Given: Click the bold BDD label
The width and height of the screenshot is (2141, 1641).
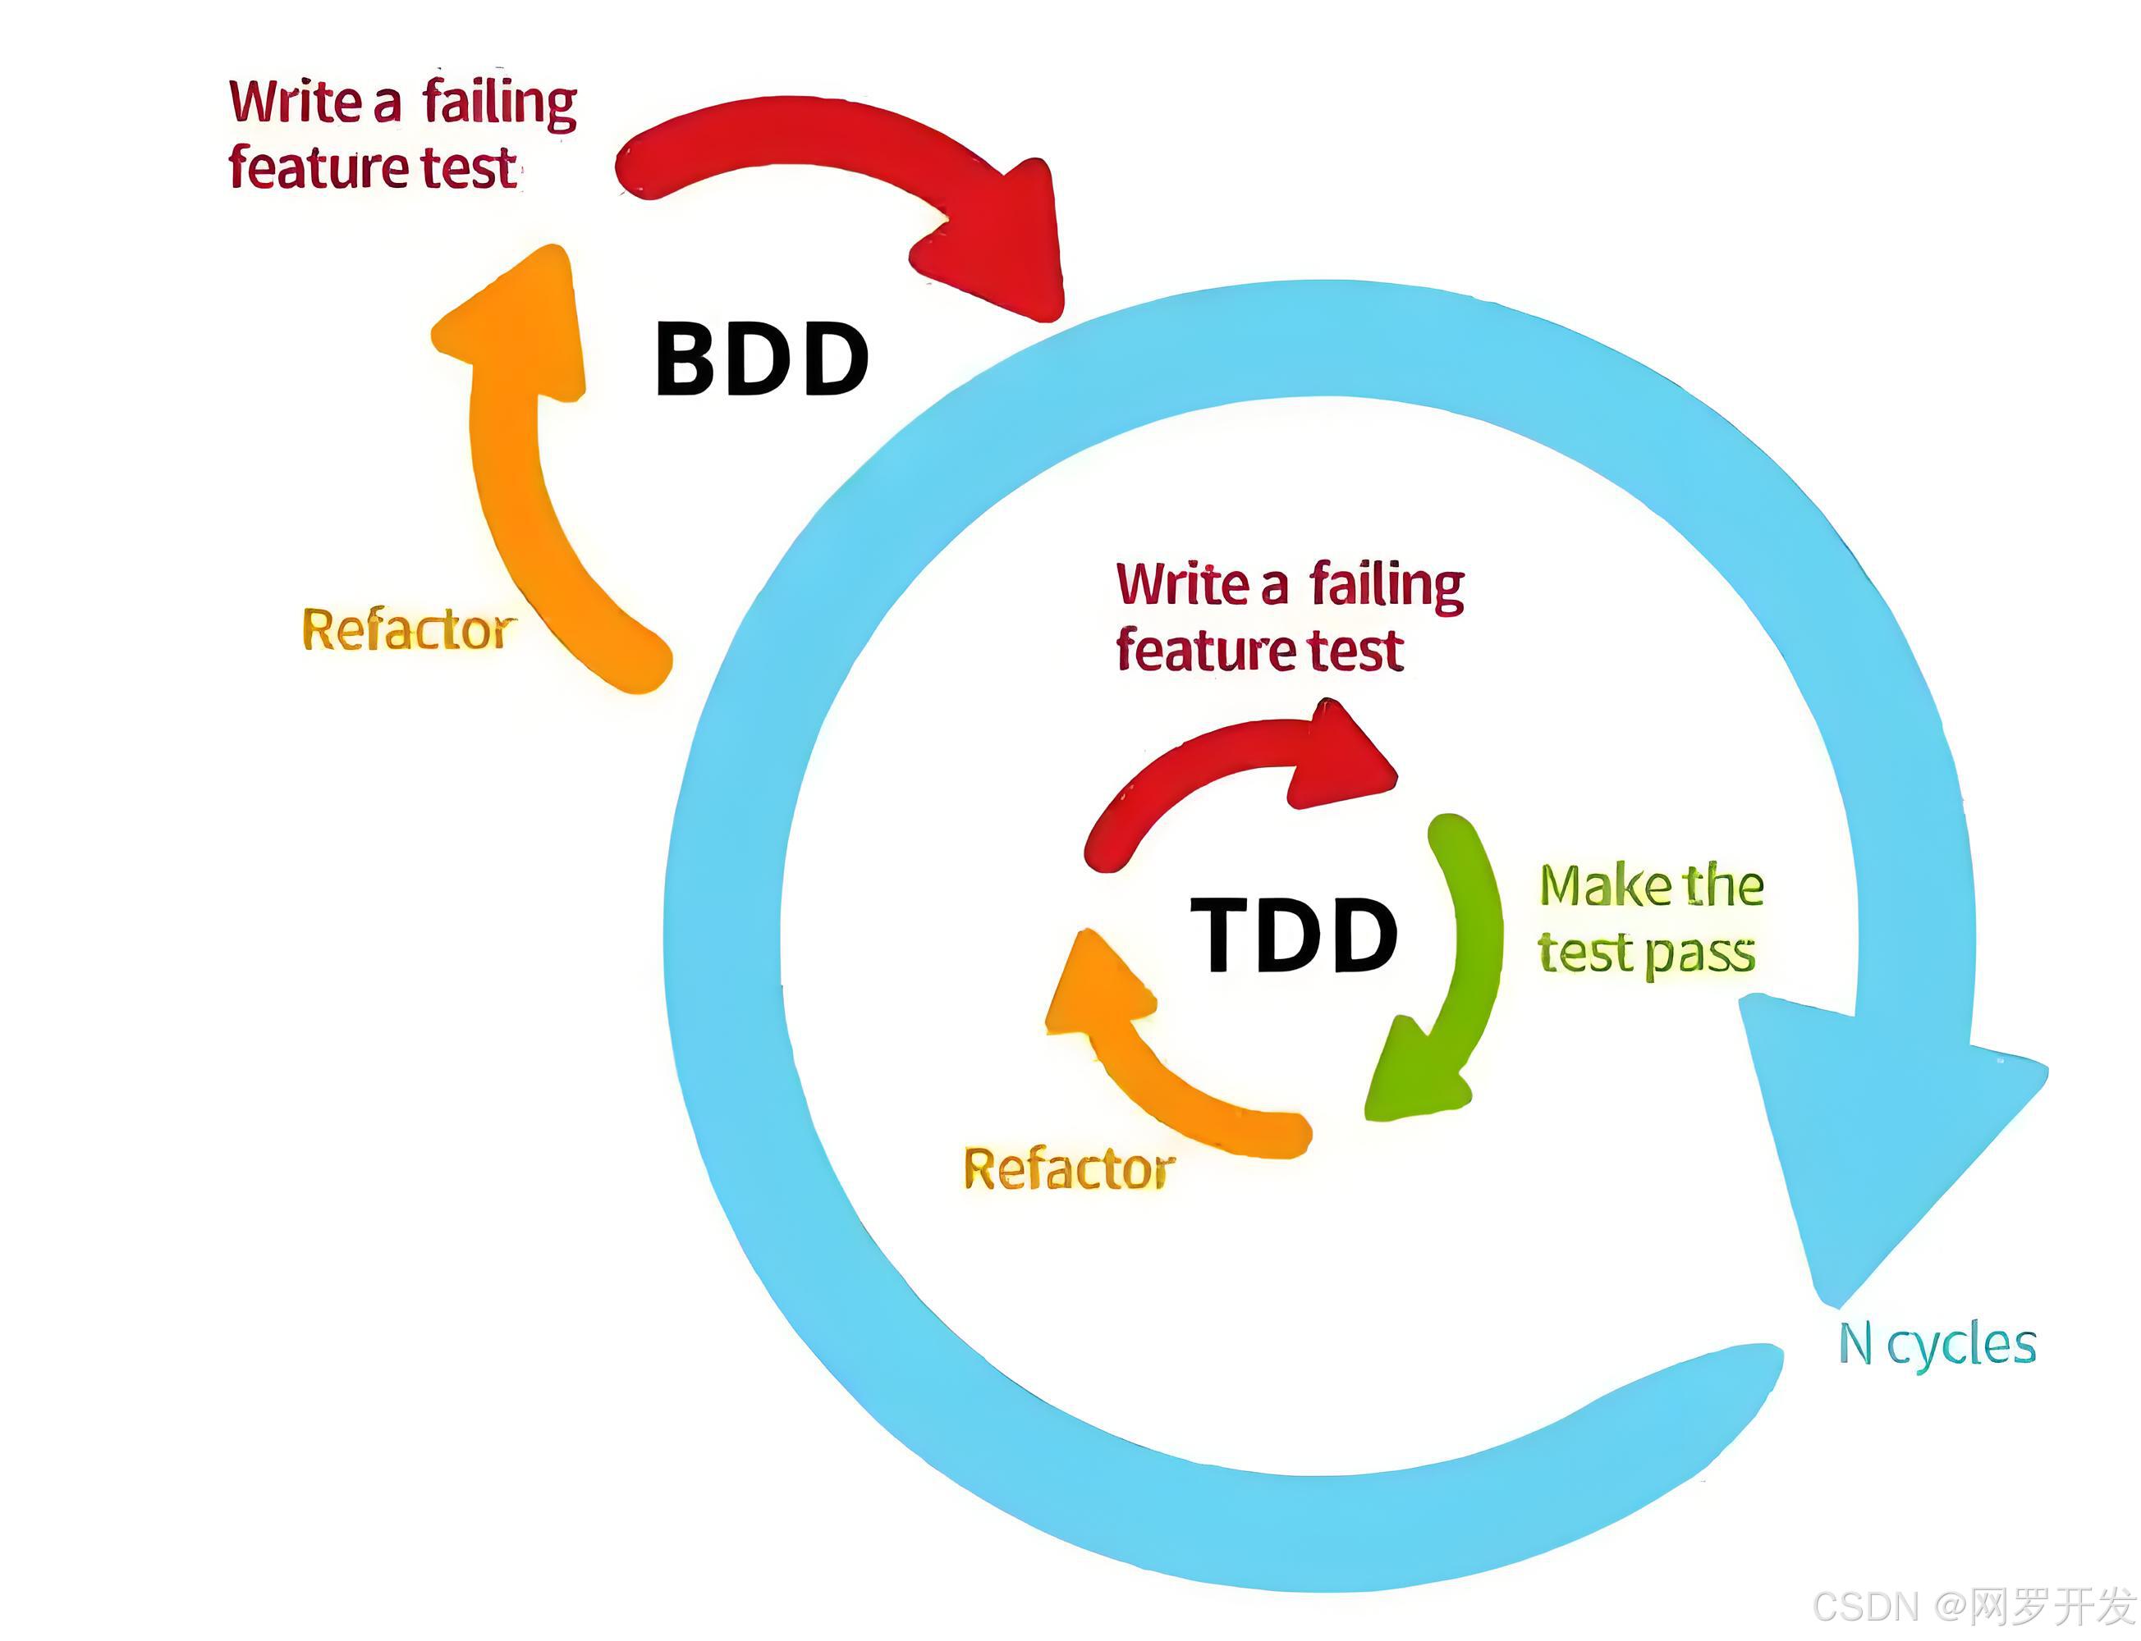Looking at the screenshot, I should pyautogui.click(x=761, y=359).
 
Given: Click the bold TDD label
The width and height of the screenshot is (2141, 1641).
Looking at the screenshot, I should pyautogui.click(x=1293, y=935).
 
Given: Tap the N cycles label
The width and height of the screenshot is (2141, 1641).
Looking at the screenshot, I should pyautogui.click(x=1936, y=1345).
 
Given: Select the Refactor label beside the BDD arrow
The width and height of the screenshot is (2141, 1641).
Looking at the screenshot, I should pyautogui.click(x=406, y=629).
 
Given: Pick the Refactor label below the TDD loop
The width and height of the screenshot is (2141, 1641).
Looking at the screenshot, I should pyautogui.click(x=1069, y=1168).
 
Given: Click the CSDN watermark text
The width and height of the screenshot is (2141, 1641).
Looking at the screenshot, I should pyautogui.click(x=1974, y=1606).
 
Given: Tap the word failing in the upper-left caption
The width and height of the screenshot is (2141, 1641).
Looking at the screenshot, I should pyautogui.click(x=499, y=103).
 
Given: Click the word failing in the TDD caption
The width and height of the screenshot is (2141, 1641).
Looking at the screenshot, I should pyautogui.click(x=1387, y=586).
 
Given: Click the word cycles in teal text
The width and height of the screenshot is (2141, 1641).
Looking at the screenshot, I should pyautogui.click(x=1961, y=1346).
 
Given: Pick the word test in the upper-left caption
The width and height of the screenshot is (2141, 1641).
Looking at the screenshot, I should pyautogui.click(x=468, y=168).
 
